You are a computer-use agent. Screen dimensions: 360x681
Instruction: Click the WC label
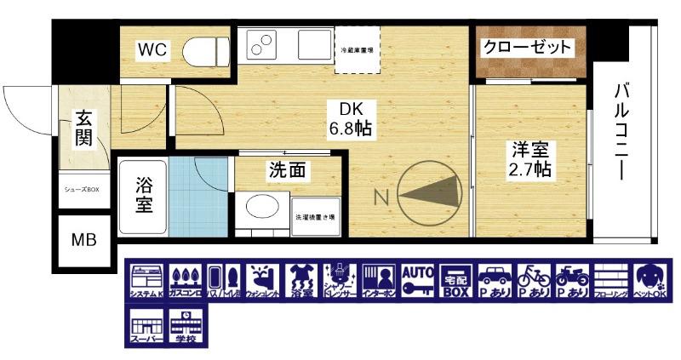pyautogui.click(x=152, y=50)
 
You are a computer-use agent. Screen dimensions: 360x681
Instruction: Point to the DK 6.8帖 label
pyautogui.click(x=351, y=119)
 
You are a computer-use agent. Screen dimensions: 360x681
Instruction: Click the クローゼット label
pyautogui.click(x=527, y=48)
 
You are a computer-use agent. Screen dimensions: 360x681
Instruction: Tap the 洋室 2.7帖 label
pyautogui.click(x=530, y=159)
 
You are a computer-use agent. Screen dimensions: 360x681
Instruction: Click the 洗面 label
pyautogui.click(x=286, y=170)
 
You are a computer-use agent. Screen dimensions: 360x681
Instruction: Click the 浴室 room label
pyautogui.click(x=144, y=194)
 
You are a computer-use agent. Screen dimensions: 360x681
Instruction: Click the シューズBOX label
pyautogui.click(x=83, y=189)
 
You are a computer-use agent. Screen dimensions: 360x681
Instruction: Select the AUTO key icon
pyautogui.click(x=418, y=281)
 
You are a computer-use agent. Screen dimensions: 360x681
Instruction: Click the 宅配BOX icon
pyautogui.click(x=457, y=281)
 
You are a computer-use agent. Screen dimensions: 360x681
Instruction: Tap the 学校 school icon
pyautogui.click(x=186, y=328)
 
